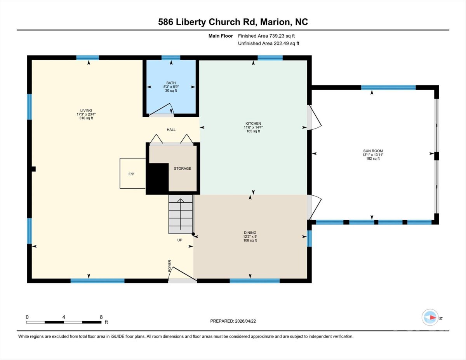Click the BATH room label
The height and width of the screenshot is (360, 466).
(171, 83)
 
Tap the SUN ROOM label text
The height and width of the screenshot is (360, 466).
(373, 151)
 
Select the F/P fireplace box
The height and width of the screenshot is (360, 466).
(132, 174)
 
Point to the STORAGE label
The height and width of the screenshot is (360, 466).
(182, 169)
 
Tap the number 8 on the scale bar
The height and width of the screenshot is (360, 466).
(101, 317)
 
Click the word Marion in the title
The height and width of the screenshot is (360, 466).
(273, 22)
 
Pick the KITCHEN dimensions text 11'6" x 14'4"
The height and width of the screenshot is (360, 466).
(253, 127)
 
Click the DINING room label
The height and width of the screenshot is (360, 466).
(250, 233)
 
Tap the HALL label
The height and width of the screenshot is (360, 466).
(171, 130)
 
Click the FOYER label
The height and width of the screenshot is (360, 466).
(170, 266)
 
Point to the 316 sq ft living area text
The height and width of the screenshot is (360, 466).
(86, 118)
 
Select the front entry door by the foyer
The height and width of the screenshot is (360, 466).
(183, 275)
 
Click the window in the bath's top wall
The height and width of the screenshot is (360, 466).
(171, 58)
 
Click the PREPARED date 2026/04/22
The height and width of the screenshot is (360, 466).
(245, 321)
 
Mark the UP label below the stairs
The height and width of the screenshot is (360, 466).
(180, 240)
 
